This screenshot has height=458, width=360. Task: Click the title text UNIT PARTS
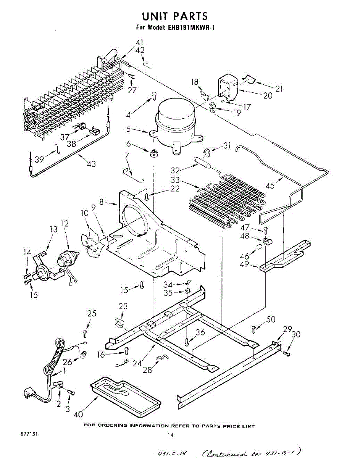coord(175,16)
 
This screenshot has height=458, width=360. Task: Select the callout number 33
coord(176,179)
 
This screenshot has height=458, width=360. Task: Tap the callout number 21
coord(279,89)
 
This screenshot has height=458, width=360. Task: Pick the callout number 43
coord(91,164)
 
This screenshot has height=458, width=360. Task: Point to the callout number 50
coord(271,319)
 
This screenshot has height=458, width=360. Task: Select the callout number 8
coord(102,203)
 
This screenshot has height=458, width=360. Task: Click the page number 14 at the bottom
coord(171,435)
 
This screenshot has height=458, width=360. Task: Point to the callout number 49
coord(245,264)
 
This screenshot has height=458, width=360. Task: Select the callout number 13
coord(53,229)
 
